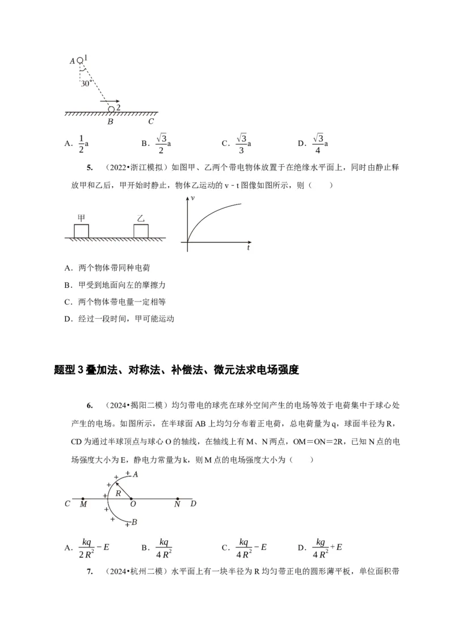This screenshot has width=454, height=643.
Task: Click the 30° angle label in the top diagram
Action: [87, 82]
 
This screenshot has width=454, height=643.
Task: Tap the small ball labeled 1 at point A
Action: [80, 60]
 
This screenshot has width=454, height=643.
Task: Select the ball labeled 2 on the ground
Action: [111, 108]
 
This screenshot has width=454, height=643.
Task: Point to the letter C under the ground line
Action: [151, 121]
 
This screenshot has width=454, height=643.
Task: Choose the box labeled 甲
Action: [82, 231]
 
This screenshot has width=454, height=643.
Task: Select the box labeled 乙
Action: [141, 231]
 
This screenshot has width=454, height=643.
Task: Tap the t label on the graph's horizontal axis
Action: [249, 248]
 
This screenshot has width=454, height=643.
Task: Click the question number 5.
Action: [89, 168]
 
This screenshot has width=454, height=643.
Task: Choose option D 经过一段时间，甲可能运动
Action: [119, 318]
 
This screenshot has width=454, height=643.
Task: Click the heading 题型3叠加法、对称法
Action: [176, 370]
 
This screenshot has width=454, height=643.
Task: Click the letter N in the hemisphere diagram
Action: [177, 503]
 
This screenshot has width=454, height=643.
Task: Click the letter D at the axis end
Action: [194, 503]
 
